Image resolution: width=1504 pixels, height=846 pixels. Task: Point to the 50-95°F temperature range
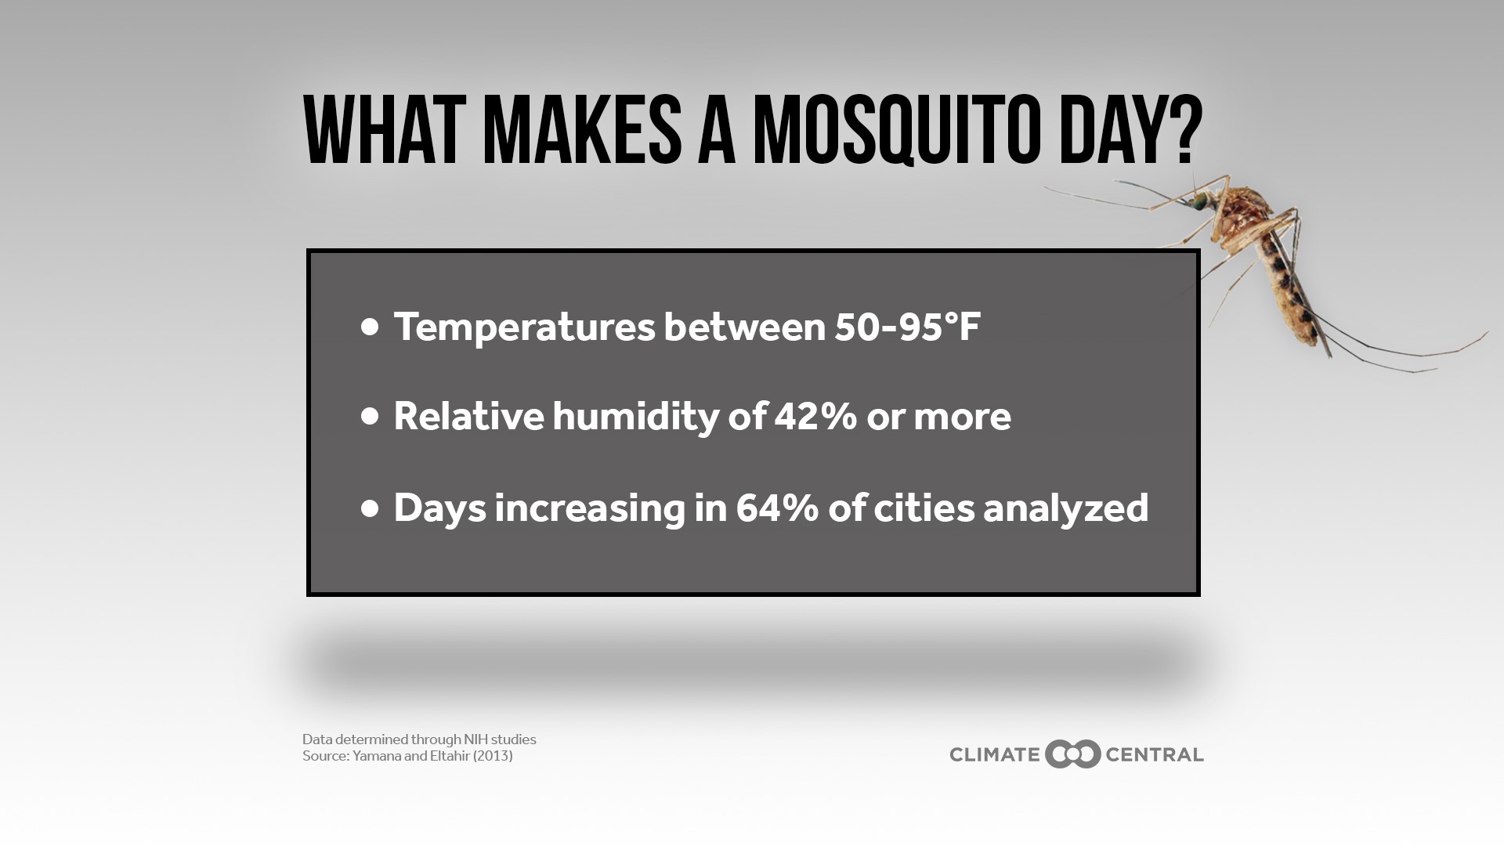[907, 327]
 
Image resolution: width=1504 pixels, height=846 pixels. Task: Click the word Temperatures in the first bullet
[524, 327]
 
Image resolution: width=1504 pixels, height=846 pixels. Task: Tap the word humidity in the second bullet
[635, 416]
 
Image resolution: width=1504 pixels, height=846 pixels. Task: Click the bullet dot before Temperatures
[370, 327]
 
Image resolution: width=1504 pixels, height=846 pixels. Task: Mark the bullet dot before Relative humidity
[370, 417]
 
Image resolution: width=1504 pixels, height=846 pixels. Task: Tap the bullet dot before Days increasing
[370, 509]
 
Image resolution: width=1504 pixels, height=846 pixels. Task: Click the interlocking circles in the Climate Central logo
[1072, 754]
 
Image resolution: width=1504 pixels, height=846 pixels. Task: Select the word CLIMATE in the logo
[994, 755]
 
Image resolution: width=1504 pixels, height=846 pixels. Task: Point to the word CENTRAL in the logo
[1154, 755]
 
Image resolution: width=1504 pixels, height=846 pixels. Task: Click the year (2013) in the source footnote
[492, 756]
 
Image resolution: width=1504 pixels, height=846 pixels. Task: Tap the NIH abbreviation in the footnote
[475, 739]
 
